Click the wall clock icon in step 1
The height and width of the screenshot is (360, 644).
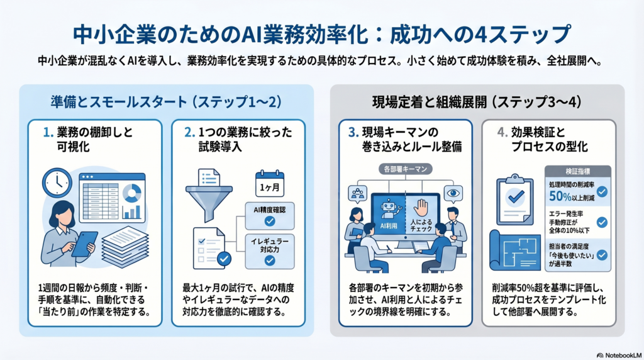[x=57, y=183]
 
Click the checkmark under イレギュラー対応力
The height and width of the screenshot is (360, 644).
[x=269, y=260]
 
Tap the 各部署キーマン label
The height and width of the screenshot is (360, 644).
[x=403, y=169]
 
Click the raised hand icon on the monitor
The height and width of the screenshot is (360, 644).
[x=422, y=207]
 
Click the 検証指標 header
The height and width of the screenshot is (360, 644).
[x=577, y=171]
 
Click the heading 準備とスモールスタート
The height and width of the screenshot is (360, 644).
[x=111, y=101]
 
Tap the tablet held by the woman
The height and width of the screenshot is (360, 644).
[x=85, y=243]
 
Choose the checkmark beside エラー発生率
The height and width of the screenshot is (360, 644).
[x=601, y=222]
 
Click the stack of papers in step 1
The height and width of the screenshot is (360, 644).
[x=125, y=247]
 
